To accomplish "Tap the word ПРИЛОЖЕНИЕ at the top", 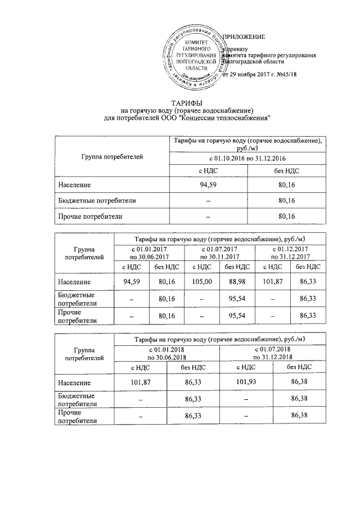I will click(244, 37).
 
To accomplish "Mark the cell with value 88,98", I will click(237, 281).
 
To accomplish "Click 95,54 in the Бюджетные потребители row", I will click(237, 299).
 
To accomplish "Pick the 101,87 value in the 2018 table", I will click(141, 383).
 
